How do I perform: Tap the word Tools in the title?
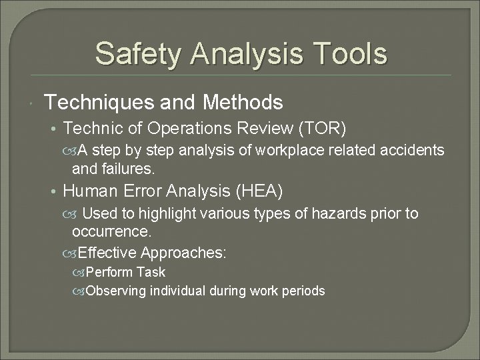[347, 54]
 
